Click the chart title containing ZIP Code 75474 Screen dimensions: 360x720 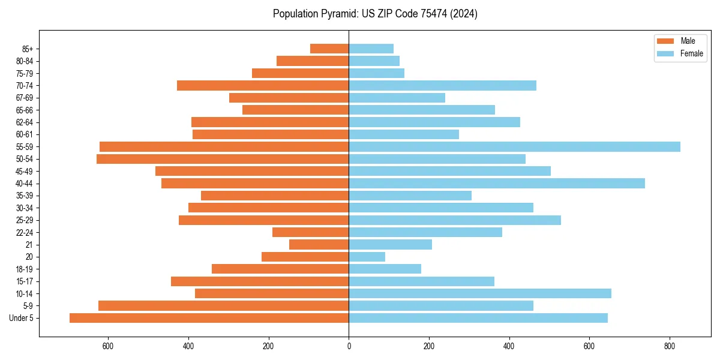coord(375,14)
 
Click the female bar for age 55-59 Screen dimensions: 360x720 coord(514,146)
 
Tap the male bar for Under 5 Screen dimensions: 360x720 coord(209,318)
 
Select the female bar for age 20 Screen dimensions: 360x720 coord(367,257)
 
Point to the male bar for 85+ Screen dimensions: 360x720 coord(329,49)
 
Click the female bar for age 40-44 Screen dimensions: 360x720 coord(497,184)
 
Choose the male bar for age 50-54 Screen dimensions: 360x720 coord(223,159)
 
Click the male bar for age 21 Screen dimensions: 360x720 coord(319,245)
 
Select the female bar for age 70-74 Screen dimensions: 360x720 coord(442,85)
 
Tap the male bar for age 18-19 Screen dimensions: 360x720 coord(280,269)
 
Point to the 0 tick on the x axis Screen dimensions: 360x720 coord(349,346)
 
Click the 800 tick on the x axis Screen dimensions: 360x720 coord(670,346)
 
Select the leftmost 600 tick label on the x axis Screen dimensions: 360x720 coord(108,346)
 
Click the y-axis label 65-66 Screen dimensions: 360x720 coord(24,110)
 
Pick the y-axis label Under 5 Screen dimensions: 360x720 coord(22,318)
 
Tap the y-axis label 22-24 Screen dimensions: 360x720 coord(24,232)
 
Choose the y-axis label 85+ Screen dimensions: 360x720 coord(27,49)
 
